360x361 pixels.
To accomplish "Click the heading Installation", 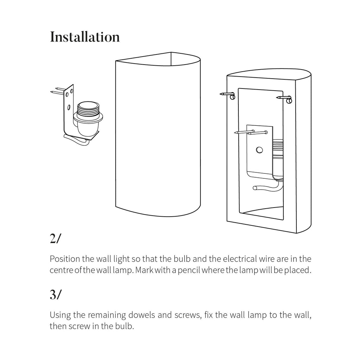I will (85, 37).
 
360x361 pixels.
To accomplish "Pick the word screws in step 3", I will (187, 315).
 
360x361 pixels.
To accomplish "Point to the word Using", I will (59, 315).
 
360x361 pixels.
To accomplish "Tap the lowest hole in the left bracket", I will (69, 106).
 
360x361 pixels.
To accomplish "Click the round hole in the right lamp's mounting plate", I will (259, 150).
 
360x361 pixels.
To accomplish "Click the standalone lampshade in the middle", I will (158, 133).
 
